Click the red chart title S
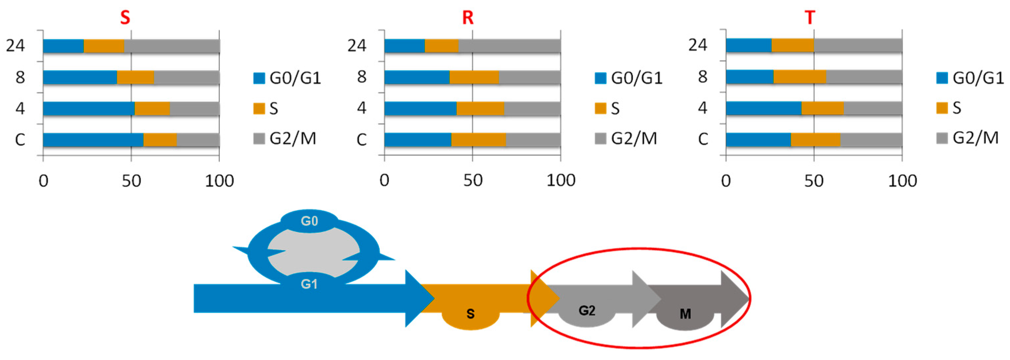coord(125,18)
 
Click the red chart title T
coord(810,18)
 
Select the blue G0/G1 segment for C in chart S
coord(93,140)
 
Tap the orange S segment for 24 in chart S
coord(104,46)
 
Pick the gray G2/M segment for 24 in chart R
coord(509,46)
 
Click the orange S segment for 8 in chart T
coord(800,77)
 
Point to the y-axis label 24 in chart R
coord(357,45)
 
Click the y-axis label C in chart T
coord(703,139)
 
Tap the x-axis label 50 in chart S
coord(131,181)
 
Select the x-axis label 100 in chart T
coord(902,181)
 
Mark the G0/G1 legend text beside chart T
coord(978,78)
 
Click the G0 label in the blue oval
coord(309,221)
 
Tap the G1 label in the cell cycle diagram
coord(309,283)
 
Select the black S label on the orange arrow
coord(471,314)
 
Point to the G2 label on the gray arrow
coord(587,311)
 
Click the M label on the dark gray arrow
coord(685,314)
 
